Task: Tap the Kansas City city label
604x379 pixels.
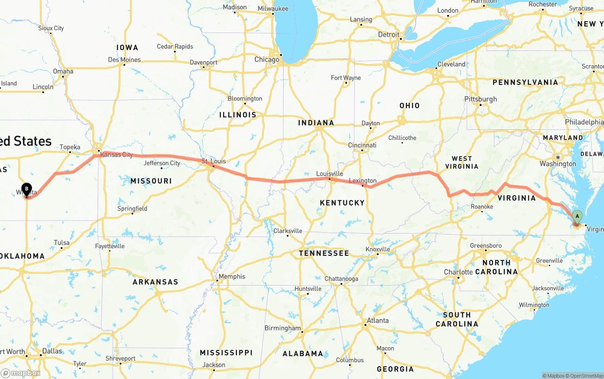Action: click(x=117, y=155)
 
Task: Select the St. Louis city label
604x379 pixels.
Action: click(x=213, y=161)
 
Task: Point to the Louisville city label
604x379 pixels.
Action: click(x=329, y=174)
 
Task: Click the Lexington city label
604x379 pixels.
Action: click(x=362, y=181)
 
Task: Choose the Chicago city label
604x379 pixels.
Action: click(x=267, y=59)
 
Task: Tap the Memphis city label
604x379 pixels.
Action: click(x=232, y=277)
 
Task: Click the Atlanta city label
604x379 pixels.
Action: click(x=377, y=320)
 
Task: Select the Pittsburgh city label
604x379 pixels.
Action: click(x=480, y=99)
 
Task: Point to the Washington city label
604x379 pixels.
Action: click(x=558, y=164)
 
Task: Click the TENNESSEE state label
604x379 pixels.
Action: click(x=324, y=253)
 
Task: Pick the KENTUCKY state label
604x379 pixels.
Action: click(x=342, y=203)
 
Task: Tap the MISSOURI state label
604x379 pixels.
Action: click(x=151, y=181)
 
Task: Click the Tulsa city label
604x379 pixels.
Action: click(x=61, y=243)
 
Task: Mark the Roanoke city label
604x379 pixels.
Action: click(x=481, y=207)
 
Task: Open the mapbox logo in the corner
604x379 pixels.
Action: click(x=21, y=373)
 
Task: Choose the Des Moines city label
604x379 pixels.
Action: click(x=124, y=60)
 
